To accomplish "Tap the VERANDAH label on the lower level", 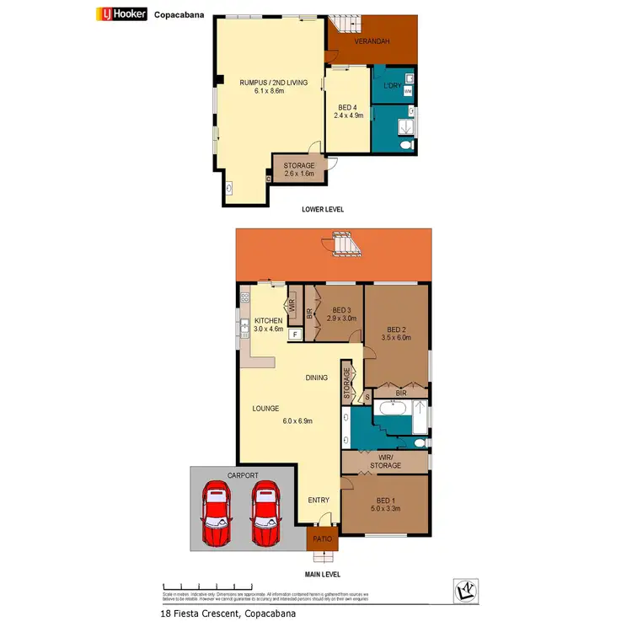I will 372,40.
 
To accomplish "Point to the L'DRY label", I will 391,86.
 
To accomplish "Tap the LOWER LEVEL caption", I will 322,209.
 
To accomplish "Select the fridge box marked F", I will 295,335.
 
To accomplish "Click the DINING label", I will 317,378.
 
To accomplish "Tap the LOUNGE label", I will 265,409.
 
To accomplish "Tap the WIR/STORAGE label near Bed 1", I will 385,461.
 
